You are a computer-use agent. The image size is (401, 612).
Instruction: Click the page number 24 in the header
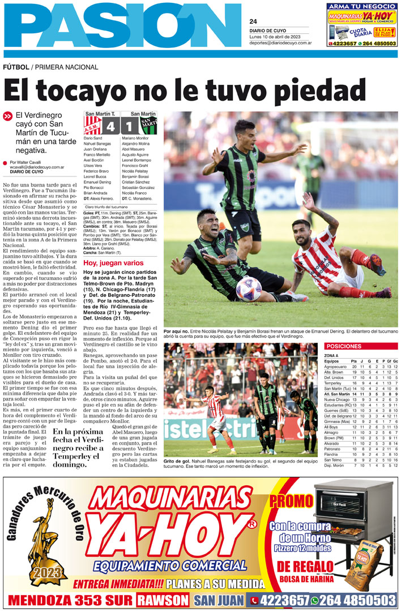tap(253, 21)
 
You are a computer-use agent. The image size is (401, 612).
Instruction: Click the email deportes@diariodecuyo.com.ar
tap(281, 42)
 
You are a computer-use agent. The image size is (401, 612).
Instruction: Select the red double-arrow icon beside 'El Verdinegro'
tap(7, 116)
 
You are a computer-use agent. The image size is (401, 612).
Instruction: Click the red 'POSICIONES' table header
tap(344, 346)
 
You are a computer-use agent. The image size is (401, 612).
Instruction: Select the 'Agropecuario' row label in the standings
tap(336, 367)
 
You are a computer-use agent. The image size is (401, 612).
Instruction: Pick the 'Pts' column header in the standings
tap(354, 361)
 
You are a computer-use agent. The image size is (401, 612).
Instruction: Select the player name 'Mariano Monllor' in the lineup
tap(135, 138)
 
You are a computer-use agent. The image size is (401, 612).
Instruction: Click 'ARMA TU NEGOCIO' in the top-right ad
tap(361, 6)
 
